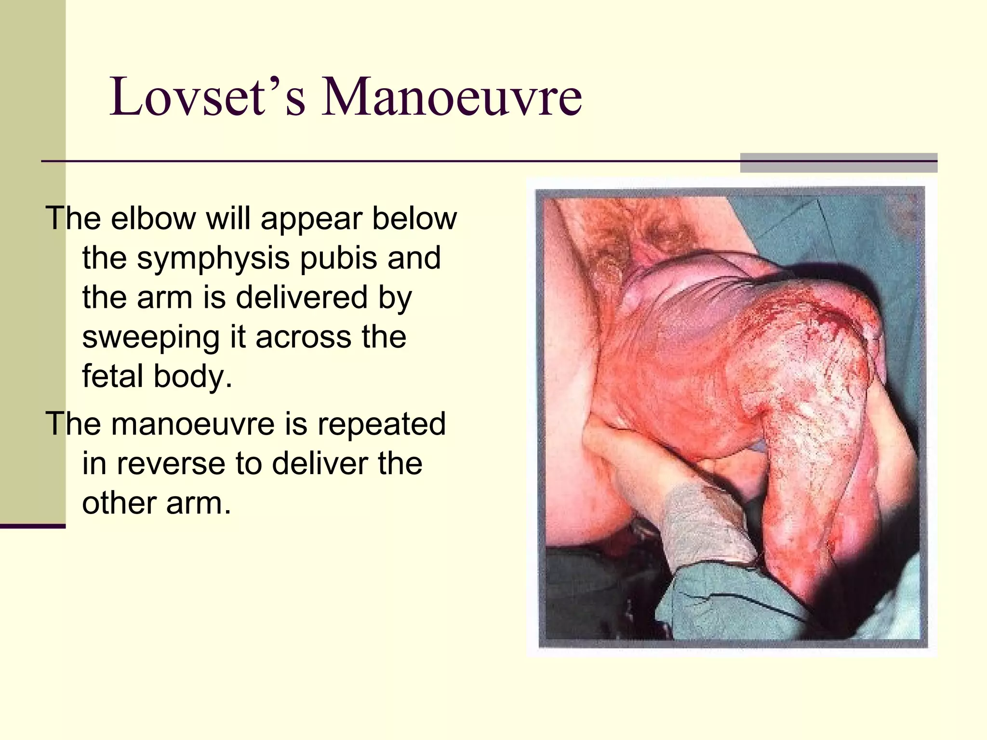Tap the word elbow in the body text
coord(153,219)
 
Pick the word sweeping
coord(151,337)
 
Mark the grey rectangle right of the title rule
coord(838,163)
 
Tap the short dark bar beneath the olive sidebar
coord(32,526)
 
